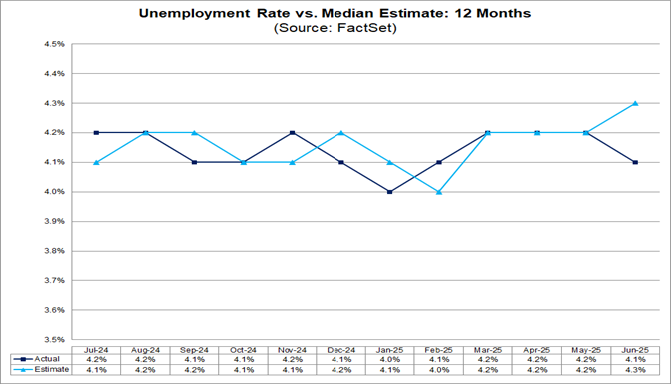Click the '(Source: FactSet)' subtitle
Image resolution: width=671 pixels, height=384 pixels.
[335, 29]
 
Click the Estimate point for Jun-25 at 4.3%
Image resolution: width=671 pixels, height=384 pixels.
[635, 103]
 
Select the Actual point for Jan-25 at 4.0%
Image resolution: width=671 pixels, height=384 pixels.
[389, 191]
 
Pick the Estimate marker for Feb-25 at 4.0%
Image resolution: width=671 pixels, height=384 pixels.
[438, 191]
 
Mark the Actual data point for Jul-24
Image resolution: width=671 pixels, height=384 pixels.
[96, 132]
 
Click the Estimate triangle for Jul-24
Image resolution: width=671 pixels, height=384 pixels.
[96, 162]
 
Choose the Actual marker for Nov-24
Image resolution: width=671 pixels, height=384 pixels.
[292, 132]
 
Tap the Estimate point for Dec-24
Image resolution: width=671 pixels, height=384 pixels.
[340, 132]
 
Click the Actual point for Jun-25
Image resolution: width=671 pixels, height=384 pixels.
[635, 162]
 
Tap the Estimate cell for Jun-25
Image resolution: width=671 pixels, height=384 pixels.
[635, 370]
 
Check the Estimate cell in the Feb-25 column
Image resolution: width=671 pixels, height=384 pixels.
[438, 370]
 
